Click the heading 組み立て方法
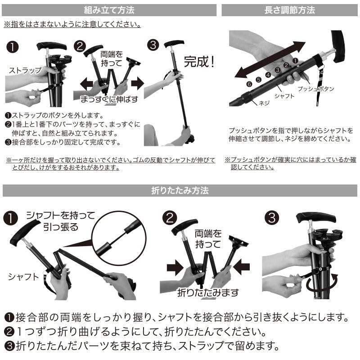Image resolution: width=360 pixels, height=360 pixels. [x=109, y=10]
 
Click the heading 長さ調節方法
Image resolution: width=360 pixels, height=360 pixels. [x=289, y=10]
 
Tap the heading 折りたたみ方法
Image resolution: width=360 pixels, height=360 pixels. [x=180, y=190]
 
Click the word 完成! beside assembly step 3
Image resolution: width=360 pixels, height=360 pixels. [x=199, y=62]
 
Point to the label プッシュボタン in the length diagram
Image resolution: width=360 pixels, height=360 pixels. [x=316, y=89]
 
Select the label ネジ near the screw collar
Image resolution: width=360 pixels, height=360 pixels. [x=264, y=103]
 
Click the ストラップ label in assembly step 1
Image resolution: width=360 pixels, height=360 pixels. [x=25, y=70]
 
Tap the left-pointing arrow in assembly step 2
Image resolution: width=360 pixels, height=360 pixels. [x=86, y=84]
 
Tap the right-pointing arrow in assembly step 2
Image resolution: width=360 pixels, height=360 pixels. [x=138, y=83]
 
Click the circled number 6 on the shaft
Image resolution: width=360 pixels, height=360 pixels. [x=249, y=84]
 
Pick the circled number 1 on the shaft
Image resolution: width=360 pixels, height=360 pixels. [x=295, y=61]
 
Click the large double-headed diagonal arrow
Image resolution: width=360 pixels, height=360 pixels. [x=270, y=59]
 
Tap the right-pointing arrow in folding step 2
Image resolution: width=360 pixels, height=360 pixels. [x=175, y=268]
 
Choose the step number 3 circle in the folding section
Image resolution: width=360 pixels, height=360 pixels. [x=272, y=218]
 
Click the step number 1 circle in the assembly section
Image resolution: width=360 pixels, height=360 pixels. [x=13, y=47]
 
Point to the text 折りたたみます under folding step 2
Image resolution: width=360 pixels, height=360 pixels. [x=208, y=292]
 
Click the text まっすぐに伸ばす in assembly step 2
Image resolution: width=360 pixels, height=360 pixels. [x=109, y=99]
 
